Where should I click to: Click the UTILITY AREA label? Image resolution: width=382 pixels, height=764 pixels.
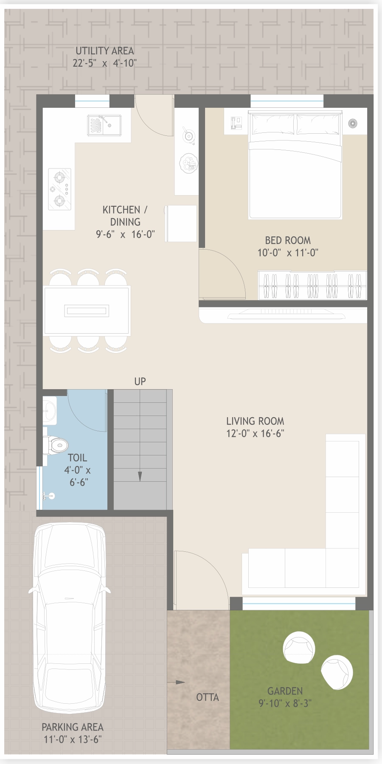104,51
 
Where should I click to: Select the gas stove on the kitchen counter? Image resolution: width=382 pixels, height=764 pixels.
59,189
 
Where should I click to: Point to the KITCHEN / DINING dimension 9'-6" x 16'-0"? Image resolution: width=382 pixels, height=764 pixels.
125,234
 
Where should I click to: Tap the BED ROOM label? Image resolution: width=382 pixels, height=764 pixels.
288,241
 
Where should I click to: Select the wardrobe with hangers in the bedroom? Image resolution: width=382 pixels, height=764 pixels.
312,285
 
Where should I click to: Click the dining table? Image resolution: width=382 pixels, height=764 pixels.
87,310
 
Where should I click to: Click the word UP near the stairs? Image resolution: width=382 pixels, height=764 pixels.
140,382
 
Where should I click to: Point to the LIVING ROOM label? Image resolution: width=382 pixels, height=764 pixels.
255,421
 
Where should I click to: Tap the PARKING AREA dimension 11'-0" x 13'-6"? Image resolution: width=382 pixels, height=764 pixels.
73,739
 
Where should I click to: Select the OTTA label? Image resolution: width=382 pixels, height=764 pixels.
208,697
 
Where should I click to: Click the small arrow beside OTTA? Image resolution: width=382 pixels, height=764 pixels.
176,683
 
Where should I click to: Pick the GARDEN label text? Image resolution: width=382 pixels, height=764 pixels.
285,691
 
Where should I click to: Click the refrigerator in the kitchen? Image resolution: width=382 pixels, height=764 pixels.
181,223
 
